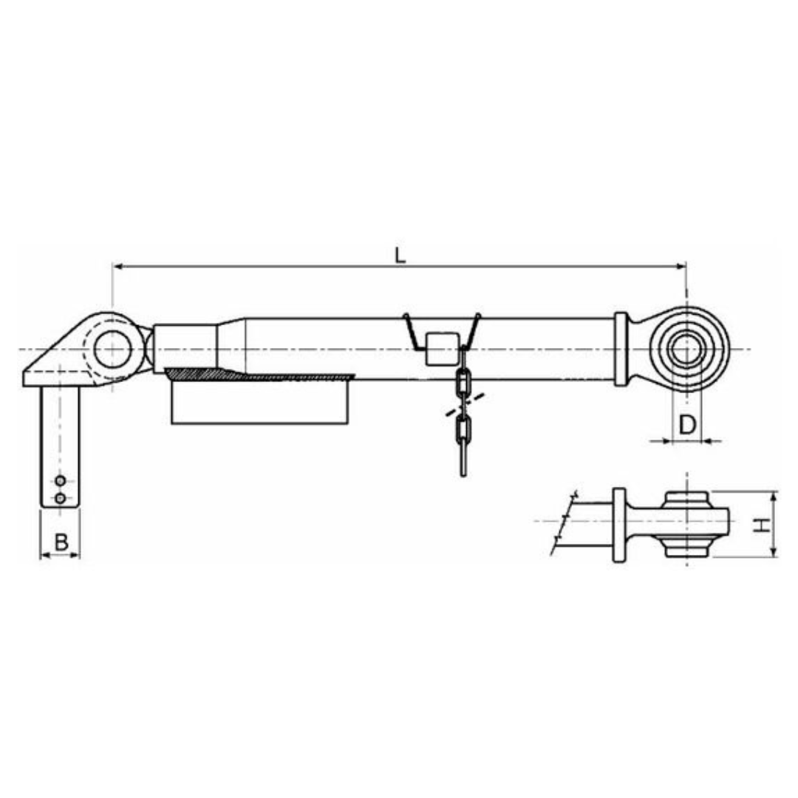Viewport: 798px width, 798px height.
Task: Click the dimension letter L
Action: click(x=400, y=256)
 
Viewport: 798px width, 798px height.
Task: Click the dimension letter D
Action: click(x=687, y=425)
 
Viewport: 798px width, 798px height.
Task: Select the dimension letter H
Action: click(x=763, y=525)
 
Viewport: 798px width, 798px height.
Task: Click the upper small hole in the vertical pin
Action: click(x=60, y=481)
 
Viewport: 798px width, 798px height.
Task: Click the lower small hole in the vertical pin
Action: click(x=60, y=497)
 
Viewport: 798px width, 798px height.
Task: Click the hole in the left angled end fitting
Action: click(x=112, y=349)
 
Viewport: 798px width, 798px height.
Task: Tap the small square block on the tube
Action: click(x=442, y=348)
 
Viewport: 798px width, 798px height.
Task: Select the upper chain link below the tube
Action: click(x=463, y=383)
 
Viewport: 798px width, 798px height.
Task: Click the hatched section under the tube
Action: click(x=259, y=376)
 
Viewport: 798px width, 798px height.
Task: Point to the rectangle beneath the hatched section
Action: click(x=259, y=403)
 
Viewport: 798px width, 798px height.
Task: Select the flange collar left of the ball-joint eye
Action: click(x=621, y=349)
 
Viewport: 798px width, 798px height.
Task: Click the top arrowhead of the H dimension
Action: click(x=774, y=496)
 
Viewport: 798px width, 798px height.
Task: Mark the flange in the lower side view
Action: click(x=619, y=525)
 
